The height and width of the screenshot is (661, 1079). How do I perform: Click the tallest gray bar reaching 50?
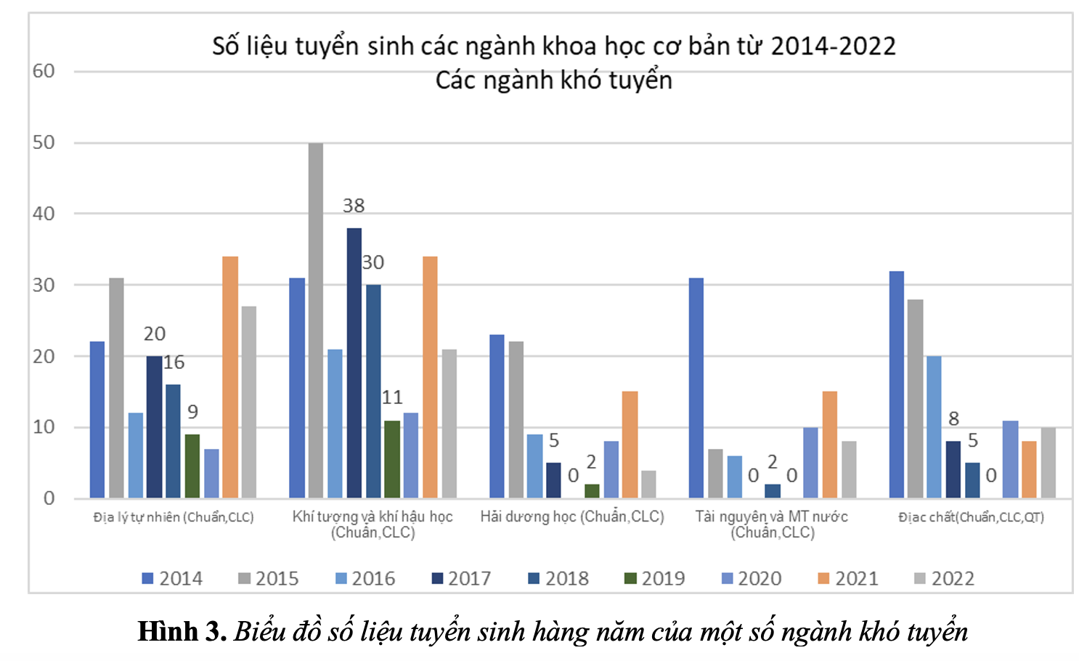coord(315,320)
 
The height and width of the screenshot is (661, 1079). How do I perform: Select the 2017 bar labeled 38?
coord(354,362)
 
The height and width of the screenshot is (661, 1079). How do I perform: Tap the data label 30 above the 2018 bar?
coord(373,262)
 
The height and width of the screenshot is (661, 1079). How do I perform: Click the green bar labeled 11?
coord(392,459)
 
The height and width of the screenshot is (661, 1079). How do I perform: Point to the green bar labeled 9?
coord(192,466)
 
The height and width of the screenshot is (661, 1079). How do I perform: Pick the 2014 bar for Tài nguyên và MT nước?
coord(696,388)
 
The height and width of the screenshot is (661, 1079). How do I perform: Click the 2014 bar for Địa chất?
coord(896,384)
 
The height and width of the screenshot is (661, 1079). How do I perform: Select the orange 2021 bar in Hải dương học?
coord(630,445)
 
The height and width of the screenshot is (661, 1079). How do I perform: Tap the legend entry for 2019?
coord(654,578)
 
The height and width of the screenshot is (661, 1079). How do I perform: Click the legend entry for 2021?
coord(847,578)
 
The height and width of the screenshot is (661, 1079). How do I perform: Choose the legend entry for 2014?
coord(172,578)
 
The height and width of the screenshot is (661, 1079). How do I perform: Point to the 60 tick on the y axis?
coord(44,71)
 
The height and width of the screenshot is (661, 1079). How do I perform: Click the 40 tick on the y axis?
coord(44,214)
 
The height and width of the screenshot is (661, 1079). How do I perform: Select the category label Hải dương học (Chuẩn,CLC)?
coord(572,516)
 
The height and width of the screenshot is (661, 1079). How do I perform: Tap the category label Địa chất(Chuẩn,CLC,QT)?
coord(971,517)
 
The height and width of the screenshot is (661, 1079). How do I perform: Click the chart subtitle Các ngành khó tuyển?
coord(553,80)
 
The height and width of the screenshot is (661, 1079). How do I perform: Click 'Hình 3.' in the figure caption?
coord(182,631)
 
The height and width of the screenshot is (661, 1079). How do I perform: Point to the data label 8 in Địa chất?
coord(953,418)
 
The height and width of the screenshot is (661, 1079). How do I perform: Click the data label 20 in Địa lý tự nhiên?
coord(155,333)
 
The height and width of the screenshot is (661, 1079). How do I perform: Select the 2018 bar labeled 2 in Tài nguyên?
coord(773,490)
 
